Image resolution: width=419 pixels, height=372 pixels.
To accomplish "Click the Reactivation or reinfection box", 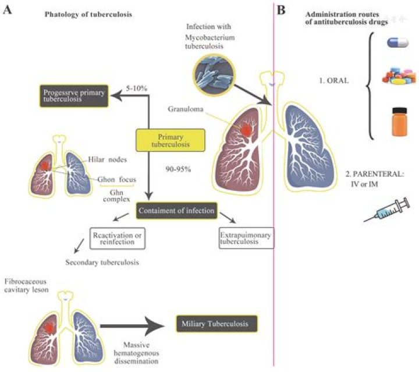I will [116, 238].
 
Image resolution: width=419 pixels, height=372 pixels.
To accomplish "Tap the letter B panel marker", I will [281, 10].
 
